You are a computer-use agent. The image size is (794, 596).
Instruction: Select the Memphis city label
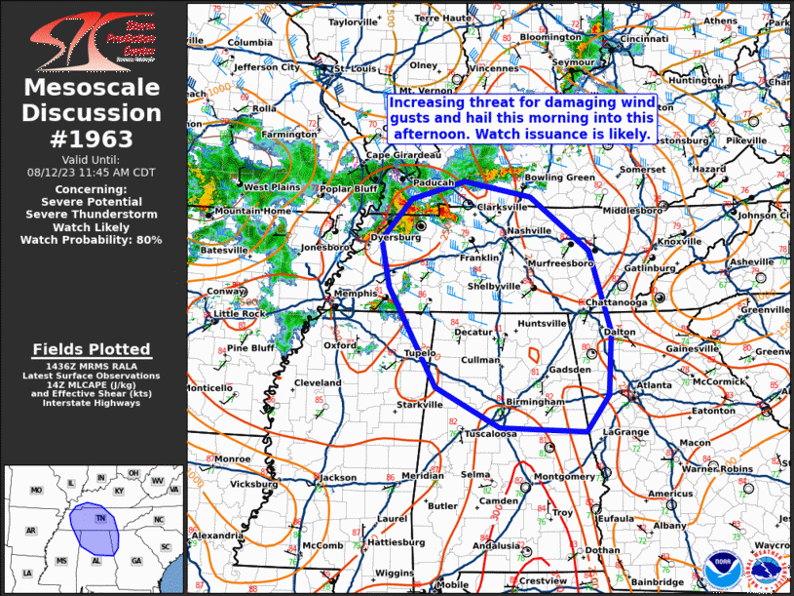pos(354,293)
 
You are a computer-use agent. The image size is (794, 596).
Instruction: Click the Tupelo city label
pos(416,353)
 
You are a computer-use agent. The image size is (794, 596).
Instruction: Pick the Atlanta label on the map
pos(654,385)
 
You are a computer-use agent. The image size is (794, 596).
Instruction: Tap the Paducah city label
pos(434,182)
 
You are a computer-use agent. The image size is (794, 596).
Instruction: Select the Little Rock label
pos(240,314)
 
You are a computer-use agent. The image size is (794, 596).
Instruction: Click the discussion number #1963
pos(93,138)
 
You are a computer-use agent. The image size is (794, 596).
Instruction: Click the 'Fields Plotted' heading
pos(92,349)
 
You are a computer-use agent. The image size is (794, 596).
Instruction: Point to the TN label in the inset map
pos(99,519)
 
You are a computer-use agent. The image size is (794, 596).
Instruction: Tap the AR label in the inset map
pos(30,531)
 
